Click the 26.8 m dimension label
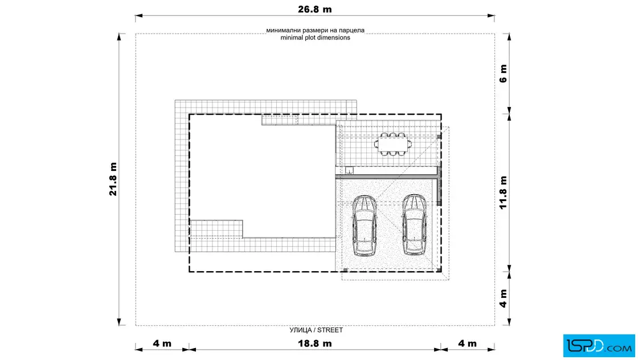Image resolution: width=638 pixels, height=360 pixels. click(314, 9)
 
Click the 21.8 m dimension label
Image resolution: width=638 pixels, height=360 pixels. click(113, 179)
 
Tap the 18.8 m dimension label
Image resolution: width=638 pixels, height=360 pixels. click(314, 343)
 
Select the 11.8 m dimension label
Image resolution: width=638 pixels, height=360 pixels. click(504, 193)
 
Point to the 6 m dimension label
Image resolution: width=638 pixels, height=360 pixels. click(504, 73)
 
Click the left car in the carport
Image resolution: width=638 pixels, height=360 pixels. click(365, 226)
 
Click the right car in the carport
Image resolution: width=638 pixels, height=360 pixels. click(414, 224)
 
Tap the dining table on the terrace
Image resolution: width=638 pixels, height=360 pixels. click(392, 144)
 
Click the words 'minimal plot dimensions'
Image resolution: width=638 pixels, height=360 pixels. click(316, 38)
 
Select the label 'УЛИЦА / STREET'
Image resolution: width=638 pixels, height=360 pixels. click(316, 330)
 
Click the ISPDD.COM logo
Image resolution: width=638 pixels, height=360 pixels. click(599, 346)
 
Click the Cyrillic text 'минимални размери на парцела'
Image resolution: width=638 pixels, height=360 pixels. click(316, 30)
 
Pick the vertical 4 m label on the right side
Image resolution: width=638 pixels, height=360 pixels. click(504, 298)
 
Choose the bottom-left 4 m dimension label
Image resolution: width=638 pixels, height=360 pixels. click(162, 343)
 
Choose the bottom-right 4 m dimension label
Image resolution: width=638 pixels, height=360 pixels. click(467, 343)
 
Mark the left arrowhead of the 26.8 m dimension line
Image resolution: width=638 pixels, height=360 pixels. click(139, 16)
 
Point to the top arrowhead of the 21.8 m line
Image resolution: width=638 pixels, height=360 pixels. click(119, 37)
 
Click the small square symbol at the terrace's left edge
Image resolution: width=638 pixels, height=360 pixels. click(349, 170)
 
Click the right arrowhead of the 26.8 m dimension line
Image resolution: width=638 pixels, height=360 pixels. click(491, 16)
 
